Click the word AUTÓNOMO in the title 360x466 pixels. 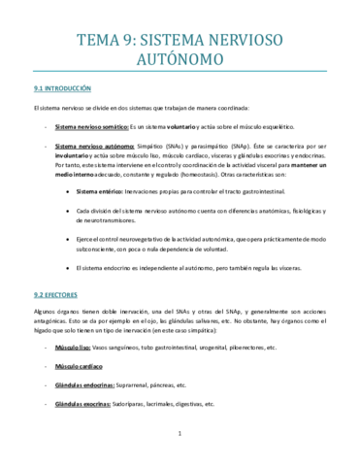pyautogui.click(x=180, y=59)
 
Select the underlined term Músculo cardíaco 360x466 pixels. pyautogui.click(x=80, y=366)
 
